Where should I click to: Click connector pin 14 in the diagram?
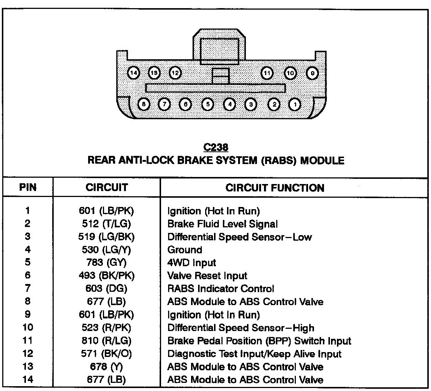point(133,73)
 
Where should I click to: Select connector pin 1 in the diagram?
point(295,105)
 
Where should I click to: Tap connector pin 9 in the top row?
point(313,73)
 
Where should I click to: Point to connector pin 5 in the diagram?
point(208,105)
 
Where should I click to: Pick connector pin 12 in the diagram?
point(175,73)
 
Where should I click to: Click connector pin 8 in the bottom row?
point(144,105)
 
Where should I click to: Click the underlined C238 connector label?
point(215,148)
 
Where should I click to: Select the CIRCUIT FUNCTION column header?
point(275,188)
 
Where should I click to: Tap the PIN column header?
point(28,187)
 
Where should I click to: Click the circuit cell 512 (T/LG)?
point(106,224)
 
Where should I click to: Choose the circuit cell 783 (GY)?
point(106,263)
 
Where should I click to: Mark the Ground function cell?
point(185,250)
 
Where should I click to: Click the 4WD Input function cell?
point(191,263)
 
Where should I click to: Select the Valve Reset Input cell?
point(207,276)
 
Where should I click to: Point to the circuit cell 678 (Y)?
point(106,367)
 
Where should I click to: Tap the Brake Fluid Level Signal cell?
point(222,224)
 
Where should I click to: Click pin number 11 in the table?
point(28,341)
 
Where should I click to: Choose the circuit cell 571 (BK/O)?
point(106,354)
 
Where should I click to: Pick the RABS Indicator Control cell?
point(221,289)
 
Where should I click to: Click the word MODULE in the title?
point(322,161)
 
